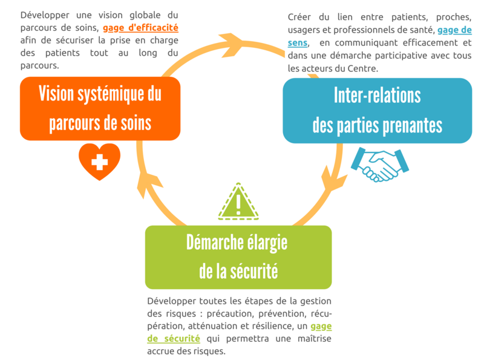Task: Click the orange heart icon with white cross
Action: pyautogui.click(x=99, y=162)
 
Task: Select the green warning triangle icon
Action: pyautogui.click(x=238, y=201)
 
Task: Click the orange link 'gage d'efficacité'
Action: pyautogui.click(x=140, y=28)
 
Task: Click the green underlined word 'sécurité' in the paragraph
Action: pyautogui.click(x=182, y=338)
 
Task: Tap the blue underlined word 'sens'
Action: pyautogui.click(x=298, y=42)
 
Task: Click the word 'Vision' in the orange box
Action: pyautogui.click(x=56, y=94)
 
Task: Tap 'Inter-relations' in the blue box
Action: pyautogui.click(x=377, y=95)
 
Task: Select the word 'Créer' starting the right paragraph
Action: pyautogui.click(x=299, y=17)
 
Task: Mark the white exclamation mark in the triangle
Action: pyautogui.click(x=238, y=205)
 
